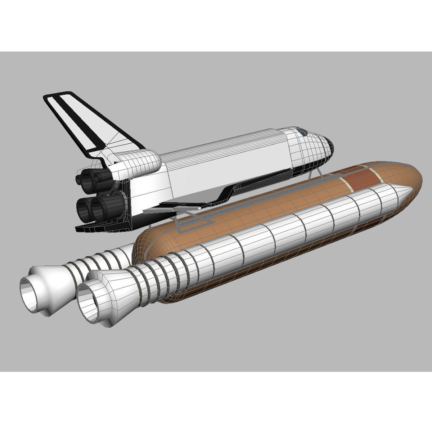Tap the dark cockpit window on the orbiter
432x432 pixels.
(x=302, y=130)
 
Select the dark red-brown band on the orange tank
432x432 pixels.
(x=364, y=176)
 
